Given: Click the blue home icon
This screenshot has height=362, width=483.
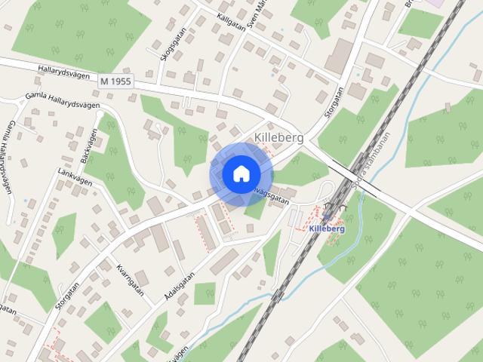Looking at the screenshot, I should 240,173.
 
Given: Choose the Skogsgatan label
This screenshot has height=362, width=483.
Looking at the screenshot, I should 165,48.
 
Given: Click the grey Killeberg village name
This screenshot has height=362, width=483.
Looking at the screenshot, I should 278,138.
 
